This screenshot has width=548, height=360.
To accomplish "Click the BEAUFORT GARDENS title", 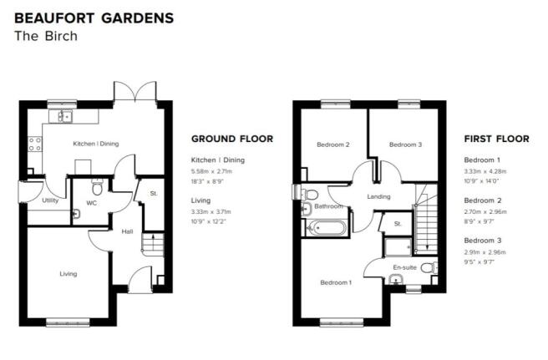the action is [x=94, y=18].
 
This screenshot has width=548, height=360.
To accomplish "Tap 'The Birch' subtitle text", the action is [x=46, y=36].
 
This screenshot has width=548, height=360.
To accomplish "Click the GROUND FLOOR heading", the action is [x=232, y=139].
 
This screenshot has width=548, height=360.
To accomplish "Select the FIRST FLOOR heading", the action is [x=496, y=139].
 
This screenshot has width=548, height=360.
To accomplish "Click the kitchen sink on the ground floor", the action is [x=60, y=116].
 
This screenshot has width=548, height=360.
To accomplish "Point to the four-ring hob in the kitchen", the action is [x=34, y=144].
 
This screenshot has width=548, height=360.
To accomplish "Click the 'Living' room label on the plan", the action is [x=68, y=274].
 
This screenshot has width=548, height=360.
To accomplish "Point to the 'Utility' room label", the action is [x=50, y=200].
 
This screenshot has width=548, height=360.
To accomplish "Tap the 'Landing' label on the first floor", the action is [x=378, y=197].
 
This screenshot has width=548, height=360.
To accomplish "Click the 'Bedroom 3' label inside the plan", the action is [x=405, y=145].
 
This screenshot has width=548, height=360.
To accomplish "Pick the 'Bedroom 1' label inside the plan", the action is [x=336, y=282].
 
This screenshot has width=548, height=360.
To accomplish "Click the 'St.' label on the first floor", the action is [x=398, y=224].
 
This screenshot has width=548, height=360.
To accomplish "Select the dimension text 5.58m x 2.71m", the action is [x=211, y=171].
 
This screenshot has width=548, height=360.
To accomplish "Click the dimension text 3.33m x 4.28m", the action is [x=485, y=171].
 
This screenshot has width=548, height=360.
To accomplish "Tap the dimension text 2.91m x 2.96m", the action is [x=485, y=252].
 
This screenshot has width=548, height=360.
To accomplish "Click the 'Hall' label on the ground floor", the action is [x=127, y=231].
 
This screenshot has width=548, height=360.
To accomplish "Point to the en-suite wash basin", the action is [x=395, y=279].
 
